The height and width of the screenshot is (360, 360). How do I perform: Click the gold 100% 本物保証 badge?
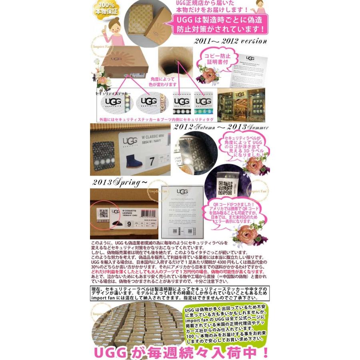pyautogui.click(x=105, y=9)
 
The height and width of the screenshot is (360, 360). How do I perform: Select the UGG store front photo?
pyautogui.click(x=241, y=105)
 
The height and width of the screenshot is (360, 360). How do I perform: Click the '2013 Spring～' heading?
pyautogui.click(x=119, y=182)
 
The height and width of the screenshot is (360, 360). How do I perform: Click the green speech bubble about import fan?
pyautogui.click(x=224, y=324)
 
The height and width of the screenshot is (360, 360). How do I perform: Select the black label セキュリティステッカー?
pyautogui.click(x=114, y=93)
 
